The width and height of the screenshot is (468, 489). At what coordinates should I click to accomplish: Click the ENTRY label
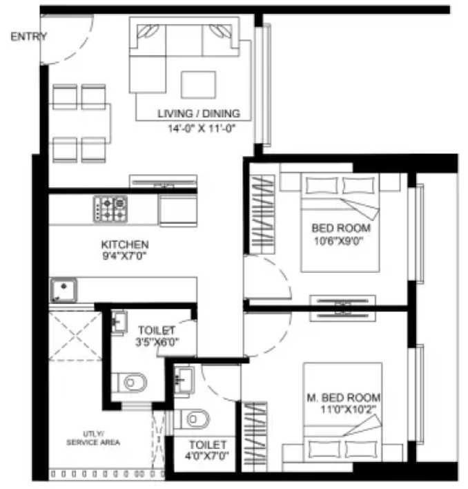[29, 37]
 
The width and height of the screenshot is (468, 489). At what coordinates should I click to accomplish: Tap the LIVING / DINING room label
[199, 113]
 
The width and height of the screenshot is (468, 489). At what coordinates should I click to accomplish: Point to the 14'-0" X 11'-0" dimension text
[201, 128]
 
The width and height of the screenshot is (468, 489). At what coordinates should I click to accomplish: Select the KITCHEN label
[125, 245]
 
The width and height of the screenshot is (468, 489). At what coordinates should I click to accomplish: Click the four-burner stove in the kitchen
[110, 209]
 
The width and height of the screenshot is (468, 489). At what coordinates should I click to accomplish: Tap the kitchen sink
[64, 290]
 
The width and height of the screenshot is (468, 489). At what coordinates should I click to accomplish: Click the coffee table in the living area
[199, 85]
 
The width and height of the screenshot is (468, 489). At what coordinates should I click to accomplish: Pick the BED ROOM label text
[341, 228]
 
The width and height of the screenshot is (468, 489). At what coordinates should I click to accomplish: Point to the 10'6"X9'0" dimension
[339, 241]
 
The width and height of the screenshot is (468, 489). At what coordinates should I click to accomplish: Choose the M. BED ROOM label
[343, 398]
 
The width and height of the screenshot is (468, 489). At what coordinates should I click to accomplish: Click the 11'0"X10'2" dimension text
[349, 409]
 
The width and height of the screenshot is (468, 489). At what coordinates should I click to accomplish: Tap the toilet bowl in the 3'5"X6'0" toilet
[132, 382]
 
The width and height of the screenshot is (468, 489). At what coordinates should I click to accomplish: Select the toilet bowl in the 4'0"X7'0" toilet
[195, 419]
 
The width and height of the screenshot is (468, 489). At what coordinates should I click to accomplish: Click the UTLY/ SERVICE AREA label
[93, 438]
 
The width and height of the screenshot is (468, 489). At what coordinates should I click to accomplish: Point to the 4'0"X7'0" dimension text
[207, 456]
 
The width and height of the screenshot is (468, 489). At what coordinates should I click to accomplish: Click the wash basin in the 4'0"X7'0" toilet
[184, 380]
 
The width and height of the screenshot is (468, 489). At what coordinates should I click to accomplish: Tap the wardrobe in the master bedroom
[255, 437]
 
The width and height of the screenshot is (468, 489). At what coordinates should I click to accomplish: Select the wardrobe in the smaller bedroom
[263, 215]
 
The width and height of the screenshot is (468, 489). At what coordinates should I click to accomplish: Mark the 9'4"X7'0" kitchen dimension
[124, 256]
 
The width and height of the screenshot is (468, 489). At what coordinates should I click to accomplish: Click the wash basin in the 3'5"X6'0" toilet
[119, 322]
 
